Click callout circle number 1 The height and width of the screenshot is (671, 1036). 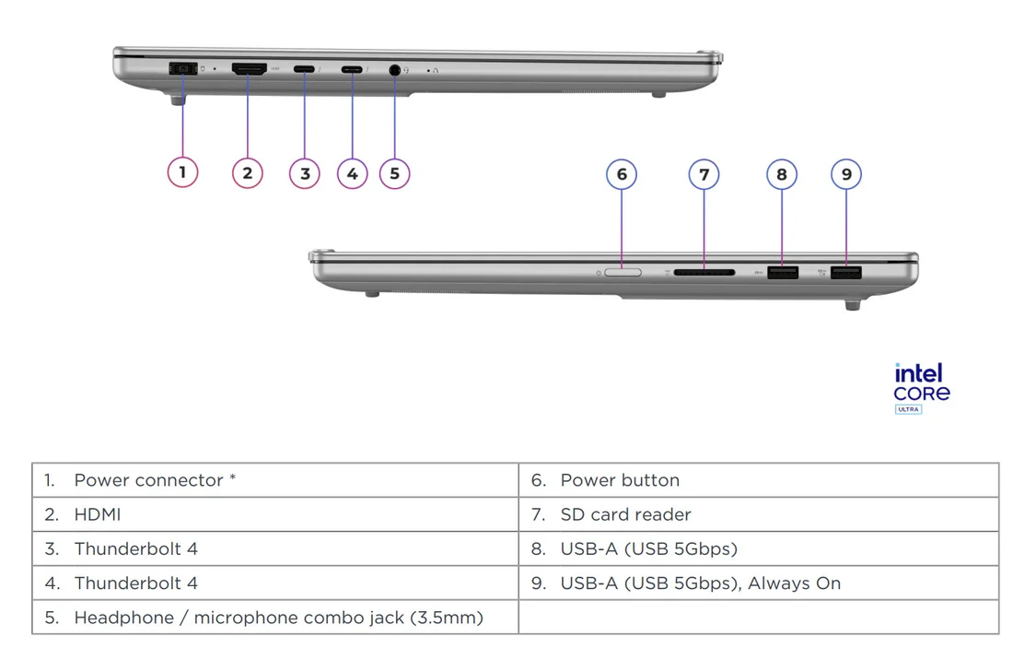click(182, 172)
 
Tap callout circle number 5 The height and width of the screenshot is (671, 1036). click(394, 172)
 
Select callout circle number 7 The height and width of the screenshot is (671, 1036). click(704, 174)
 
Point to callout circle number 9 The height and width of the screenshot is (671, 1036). click(846, 174)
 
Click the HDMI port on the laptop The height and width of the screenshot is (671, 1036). click(249, 69)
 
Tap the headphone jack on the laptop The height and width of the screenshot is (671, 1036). click(395, 69)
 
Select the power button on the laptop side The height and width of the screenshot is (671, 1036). click(623, 273)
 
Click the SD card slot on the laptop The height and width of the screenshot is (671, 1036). click(704, 273)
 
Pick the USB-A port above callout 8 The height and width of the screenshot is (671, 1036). click(783, 273)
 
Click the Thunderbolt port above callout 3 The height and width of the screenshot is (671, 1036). click(304, 69)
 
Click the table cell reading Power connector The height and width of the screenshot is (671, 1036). click(154, 480)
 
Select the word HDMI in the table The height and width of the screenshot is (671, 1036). click(97, 514)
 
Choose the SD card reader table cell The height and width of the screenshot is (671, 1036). click(625, 514)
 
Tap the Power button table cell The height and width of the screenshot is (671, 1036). click(620, 480)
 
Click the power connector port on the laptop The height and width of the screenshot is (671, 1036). click(182, 69)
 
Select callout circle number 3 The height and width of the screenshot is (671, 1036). click(305, 172)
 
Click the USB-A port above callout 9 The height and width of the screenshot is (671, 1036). click(845, 273)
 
